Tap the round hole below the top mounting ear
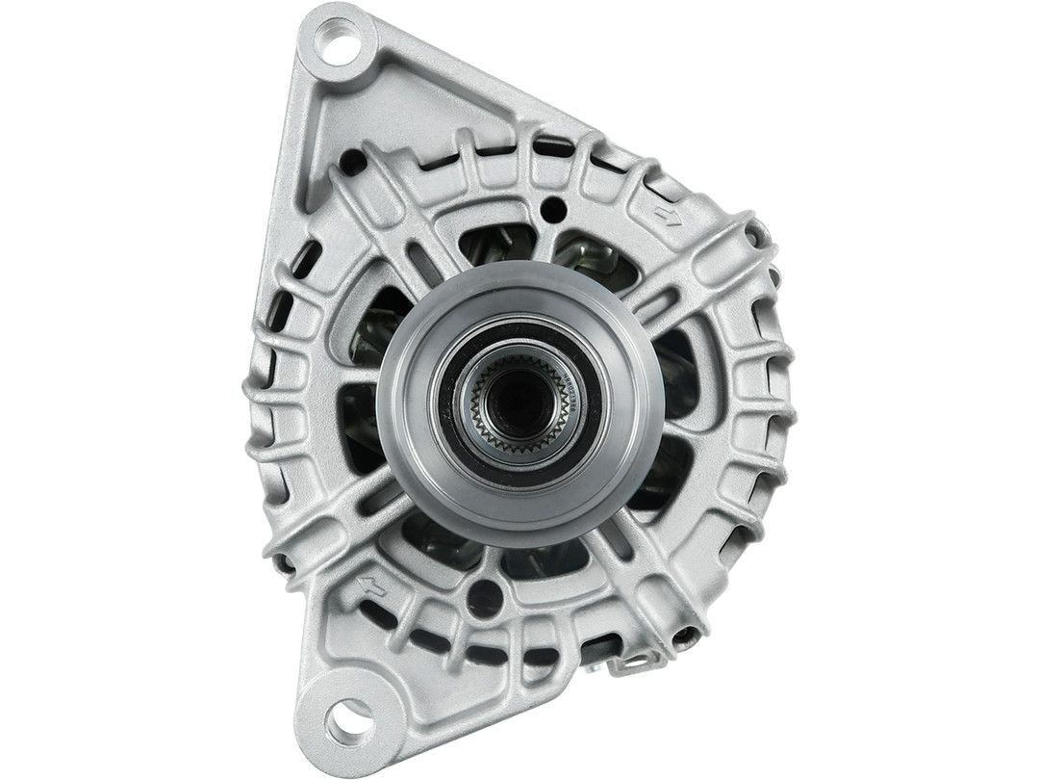(353, 160)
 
